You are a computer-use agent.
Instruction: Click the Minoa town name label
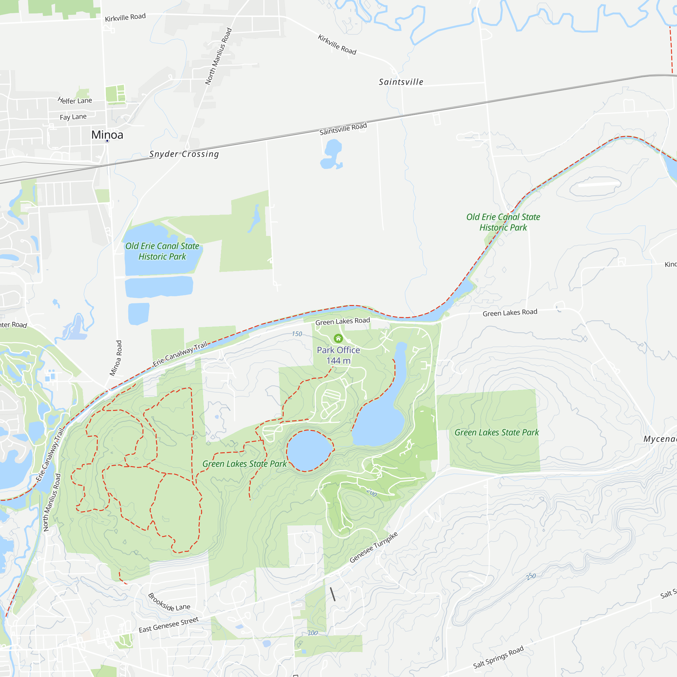[x=107, y=135]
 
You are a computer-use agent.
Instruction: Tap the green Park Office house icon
[x=338, y=338]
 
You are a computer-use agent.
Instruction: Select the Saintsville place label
[x=401, y=82]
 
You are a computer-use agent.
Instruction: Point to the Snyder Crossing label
[x=184, y=154]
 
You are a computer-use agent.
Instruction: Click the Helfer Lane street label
[x=74, y=101]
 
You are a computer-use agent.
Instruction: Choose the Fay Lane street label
[x=73, y=117]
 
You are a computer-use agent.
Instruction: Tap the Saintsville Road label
[x=343, y=129]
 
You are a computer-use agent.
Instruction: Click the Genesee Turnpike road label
[x=374, y=547]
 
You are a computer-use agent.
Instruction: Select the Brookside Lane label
[x=169, y=602]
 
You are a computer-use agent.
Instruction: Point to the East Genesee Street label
[x=169, y=625]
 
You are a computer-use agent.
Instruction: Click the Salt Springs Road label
[x=498, y=657]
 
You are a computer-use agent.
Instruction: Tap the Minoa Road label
[x=116, y=358]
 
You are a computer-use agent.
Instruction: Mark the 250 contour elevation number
[x=530, y=577]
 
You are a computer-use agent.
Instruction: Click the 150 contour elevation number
[x=297, y=334]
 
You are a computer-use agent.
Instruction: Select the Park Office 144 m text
[x=338, y=355]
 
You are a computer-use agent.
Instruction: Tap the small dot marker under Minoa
[x=107, y=141]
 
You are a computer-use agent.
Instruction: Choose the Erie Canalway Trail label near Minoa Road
[x=180, y=354]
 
